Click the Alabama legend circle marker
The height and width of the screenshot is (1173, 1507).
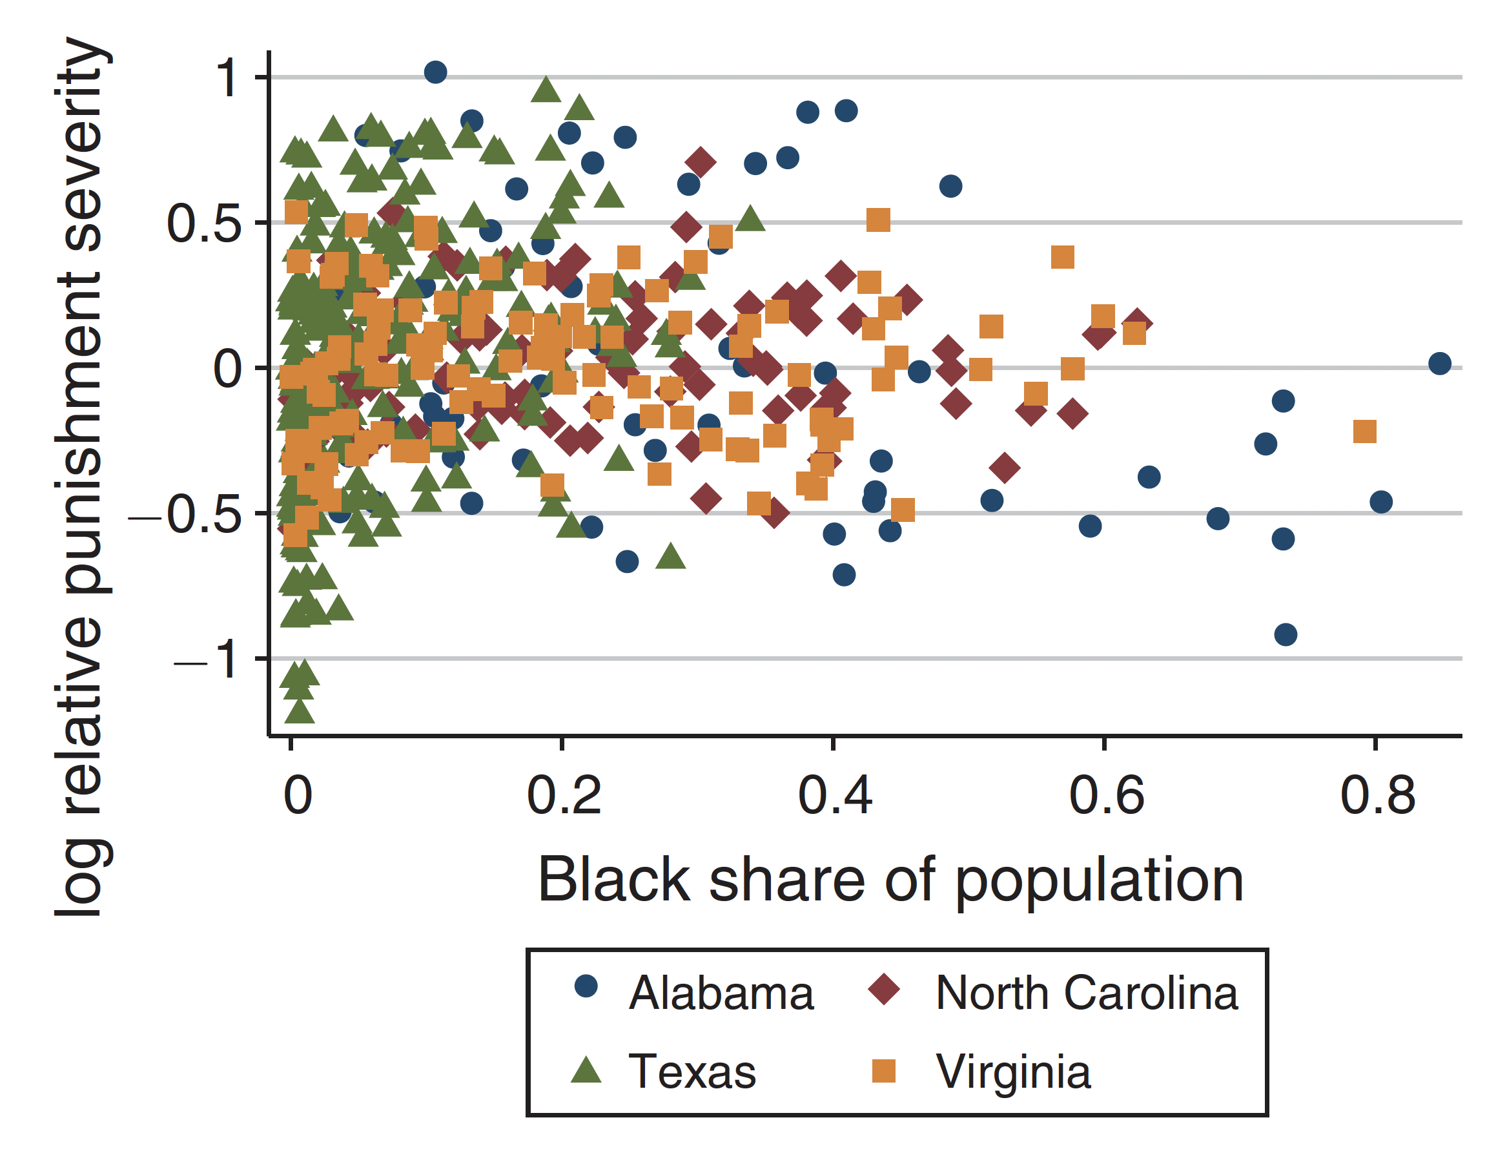tap(586, 986)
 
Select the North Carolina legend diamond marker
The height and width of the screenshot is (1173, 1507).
tap(884, 990)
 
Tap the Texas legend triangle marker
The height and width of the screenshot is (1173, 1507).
tap(586, 1070)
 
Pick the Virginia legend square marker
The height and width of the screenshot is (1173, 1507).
tap(884, 1071)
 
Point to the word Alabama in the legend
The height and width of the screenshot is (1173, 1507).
tap(721, 993)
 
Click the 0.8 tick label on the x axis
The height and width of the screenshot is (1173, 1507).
tap(1377, 795)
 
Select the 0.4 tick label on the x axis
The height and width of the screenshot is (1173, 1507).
tap(834, 795)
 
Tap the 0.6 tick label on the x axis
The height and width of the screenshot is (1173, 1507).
tap(1106, 795)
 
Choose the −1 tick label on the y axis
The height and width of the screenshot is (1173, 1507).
tap(209, 660)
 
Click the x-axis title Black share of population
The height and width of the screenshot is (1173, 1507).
tap(890, 880)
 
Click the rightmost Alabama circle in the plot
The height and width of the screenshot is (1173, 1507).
tap(1439, 363)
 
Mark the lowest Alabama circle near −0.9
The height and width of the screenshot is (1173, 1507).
tap(1286, 634)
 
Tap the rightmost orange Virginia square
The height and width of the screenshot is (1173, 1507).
tap(1365, 431)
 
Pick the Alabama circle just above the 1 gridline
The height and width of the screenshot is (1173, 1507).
tap(435, 72)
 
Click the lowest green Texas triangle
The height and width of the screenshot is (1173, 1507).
tap(300, 711)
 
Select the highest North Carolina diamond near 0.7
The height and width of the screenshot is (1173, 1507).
tap(701, 162)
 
